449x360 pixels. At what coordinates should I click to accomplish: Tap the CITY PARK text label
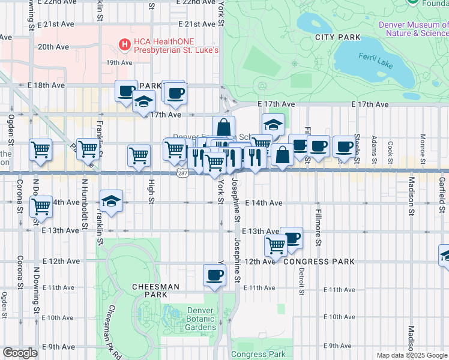click(x=339, y=37)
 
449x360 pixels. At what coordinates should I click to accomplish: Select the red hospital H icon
click(x=124, y=43)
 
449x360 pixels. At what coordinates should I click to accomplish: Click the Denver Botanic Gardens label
click(x=201, y=319)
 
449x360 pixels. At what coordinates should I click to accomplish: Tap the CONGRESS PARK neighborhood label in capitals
click(x=319, y=262)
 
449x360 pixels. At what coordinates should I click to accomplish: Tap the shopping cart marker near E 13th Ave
click(x=275, y=245)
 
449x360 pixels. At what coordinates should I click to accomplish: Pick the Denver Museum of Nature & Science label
click(x=413, y=29)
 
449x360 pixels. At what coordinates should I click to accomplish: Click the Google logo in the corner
click(x=20, y=353)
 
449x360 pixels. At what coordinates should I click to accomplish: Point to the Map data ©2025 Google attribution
click(x=412, y=355)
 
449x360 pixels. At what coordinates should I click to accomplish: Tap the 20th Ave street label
click(x=53, y=46)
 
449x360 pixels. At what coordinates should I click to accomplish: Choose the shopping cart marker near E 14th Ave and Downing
click(x=41, y=206)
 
